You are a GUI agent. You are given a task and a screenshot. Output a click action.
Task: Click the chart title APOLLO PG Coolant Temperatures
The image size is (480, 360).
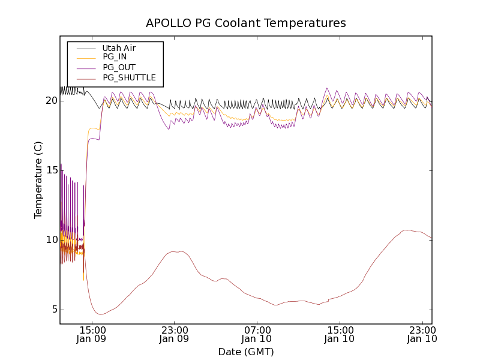pyautogui.click(x=246, y=23)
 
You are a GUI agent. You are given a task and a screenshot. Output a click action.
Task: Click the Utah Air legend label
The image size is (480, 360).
pyautogui.click(x=119, y=48)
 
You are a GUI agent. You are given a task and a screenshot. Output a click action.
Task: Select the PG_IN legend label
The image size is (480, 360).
pyautogui.click(x=115, y=57)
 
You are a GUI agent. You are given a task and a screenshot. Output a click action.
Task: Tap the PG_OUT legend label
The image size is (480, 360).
pyautogui.click(x=119, y=67)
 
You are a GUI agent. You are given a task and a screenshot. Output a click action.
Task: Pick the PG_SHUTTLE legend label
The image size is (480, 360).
pyautogui.click(x=129, y=77)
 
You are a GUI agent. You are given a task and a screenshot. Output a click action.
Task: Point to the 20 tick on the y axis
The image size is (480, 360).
pyautogui.click(x=51, y=101)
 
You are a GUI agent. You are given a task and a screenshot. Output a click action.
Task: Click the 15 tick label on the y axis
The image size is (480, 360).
pyautogui.click(x=51, y=170)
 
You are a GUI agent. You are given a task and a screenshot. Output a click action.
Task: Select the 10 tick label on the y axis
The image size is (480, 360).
pyautogui.click(x=51, y=240)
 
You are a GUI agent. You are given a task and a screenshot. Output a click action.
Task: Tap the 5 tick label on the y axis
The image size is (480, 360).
pyautogui.click(x=53, y=310)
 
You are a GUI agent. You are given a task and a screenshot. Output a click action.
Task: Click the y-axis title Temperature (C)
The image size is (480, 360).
pyautogui.click(x=38, y=180)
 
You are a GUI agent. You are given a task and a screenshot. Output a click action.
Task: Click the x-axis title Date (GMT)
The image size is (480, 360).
pyautogui.click(x=246, y=352)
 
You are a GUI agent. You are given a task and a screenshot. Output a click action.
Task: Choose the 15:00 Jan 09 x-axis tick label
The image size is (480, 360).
pyautogui.click(x=92, y=334)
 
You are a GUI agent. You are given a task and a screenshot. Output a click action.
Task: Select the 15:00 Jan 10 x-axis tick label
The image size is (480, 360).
pyautogui.click(x=340, y=334)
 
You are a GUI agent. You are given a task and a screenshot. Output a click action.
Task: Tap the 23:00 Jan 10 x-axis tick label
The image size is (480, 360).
pyautogui.click(x=422, y=334)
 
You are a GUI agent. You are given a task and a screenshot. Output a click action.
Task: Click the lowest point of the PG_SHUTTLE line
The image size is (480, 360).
pyautogui.click(x=101, y=314)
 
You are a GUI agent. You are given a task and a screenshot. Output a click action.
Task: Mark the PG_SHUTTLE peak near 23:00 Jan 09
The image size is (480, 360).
pyautogui.click(x=175, y=251)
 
